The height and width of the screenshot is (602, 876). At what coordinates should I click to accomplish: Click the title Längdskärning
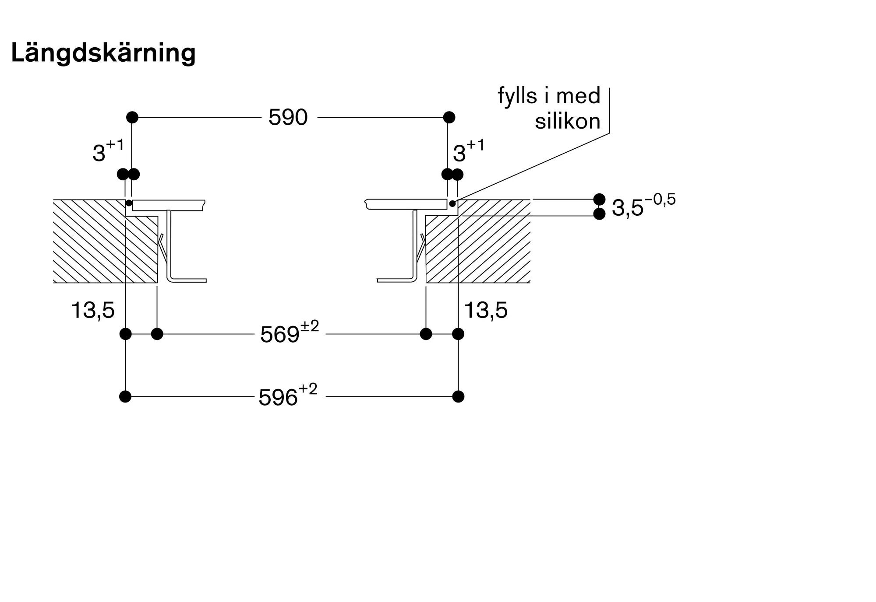coord(103,53)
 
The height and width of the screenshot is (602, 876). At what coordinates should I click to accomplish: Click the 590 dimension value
coord(288,117)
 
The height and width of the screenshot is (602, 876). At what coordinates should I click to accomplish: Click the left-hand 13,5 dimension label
coord(93,311)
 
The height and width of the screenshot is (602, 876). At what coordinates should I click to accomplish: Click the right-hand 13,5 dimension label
coord(486,311)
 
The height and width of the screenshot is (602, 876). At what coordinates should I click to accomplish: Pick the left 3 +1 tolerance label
coord(108,150)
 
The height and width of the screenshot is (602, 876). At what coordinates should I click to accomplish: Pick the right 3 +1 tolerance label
coord(469,150)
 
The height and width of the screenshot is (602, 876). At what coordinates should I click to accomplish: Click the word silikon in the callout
coord(568,121)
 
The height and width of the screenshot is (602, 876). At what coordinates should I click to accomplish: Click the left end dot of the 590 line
coord(132,117)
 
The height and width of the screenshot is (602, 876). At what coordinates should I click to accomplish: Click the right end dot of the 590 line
coord(449,117)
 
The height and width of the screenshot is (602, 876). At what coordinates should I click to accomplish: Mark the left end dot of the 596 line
coord(125,397)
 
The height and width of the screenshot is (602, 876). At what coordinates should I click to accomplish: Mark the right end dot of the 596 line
coord(458,397)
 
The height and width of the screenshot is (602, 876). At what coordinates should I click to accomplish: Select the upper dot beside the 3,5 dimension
coord(599,199)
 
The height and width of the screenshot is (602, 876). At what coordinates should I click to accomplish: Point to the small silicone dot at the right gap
coord(452,203)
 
